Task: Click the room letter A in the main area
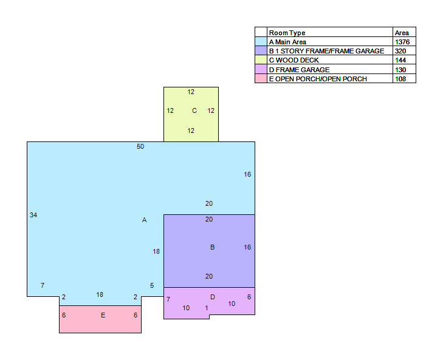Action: [x=144, y=220]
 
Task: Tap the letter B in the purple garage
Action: [x=213, y=247]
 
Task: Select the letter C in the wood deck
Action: [x=194, y=110]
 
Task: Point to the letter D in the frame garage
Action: [x=213, y=297]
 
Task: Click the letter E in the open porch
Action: [x=103, y=315]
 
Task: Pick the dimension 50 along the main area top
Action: [x=140, y=146]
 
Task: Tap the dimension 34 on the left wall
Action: [x=33, y=215]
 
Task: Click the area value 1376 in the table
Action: [x=402, y=42]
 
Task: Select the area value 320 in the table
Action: [x=400, y=51]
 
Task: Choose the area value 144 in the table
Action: [x=400, y=60]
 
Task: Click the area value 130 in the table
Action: [x=400, y=70]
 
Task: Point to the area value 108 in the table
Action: [x=400, y=79]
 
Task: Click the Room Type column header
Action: [x=287, y=33]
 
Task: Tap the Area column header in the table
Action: [x=402, y=33]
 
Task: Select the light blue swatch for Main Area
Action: [x=261, y=41]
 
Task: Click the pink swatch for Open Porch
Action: [x=261, y=78]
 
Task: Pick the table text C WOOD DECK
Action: [x=294, y=60]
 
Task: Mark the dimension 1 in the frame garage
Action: [x=207, y=308]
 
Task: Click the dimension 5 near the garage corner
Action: [x=152, y=286]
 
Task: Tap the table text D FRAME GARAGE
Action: [x=299, y=70]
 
